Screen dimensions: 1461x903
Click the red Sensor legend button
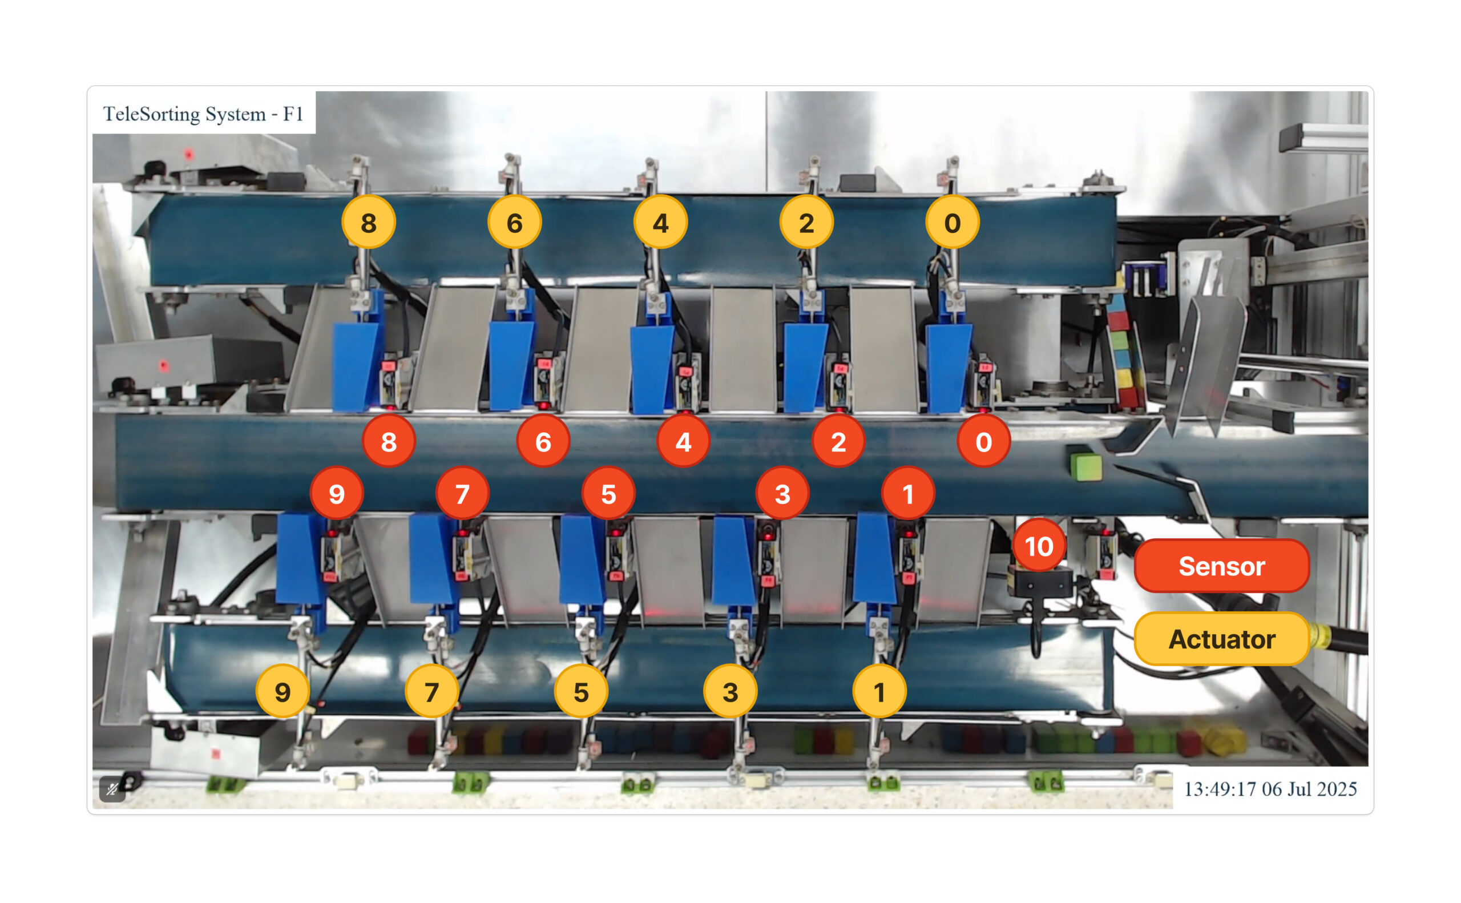coord(1221,566)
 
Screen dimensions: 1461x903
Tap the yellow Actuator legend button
coord(1221,638)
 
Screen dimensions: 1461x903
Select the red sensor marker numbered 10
coord(1039,546)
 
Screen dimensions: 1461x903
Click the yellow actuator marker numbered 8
coord(368,222)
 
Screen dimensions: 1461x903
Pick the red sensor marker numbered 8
coord(389,441)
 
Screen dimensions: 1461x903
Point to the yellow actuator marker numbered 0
coord(953,222)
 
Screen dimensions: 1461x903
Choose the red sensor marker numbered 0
coord(983,441)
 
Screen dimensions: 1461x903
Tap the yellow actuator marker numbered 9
coord(282,692)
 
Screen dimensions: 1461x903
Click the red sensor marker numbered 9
coord(337,493)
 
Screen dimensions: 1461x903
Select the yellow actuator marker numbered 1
coord(879,692)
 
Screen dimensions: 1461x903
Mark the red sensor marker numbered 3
coord(782,493)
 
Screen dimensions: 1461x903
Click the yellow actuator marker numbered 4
coord(660,222)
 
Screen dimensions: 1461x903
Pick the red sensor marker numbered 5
coord(608,493)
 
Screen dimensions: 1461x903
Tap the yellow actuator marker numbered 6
coord(515,222)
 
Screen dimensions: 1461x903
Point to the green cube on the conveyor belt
coord(1085,466)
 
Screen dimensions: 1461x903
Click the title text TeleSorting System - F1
coord(203,114)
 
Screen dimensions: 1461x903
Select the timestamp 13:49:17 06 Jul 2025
coord(1270,789)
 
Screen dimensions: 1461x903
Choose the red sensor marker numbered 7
coord(462,493)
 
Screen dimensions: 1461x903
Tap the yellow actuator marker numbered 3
coord(730,692)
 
